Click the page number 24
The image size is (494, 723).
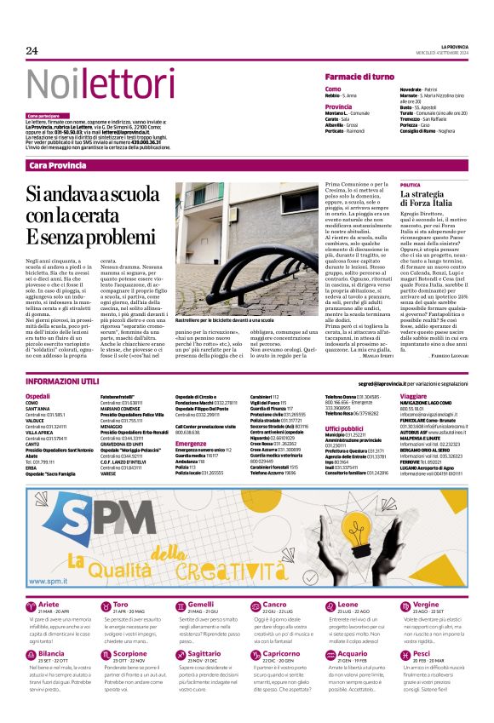click(32, 50)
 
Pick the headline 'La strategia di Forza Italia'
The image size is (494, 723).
click(431, 200)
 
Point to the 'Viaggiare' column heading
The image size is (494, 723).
click(413, 397)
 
